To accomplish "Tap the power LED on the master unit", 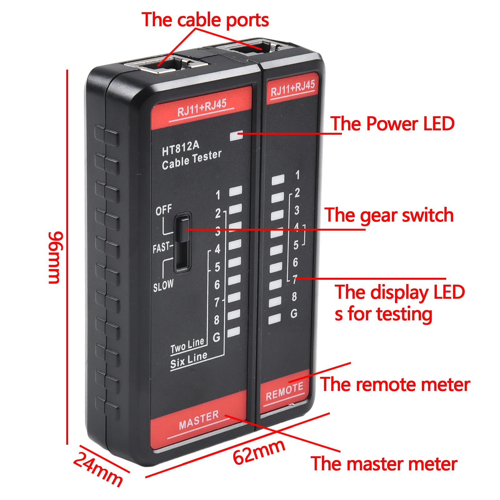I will [x=236, y=136].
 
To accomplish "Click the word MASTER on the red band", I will [x=199, y=420].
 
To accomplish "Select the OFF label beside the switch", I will [x=164, y=210].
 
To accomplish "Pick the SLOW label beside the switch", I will [x=163, y=286].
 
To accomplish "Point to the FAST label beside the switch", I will [x=161, y=248].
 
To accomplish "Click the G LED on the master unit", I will [x=234, y=332].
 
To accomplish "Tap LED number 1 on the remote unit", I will [x=278, y=180].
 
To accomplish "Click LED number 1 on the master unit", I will [x=236, y=191].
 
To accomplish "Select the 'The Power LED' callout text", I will [x=392, y=124].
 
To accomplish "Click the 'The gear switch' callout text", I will [x=389, y=215].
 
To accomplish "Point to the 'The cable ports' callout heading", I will [x=205, y=20].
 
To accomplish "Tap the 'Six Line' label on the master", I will [x=189, y=360].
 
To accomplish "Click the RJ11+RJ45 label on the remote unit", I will [x=293, y=88].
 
